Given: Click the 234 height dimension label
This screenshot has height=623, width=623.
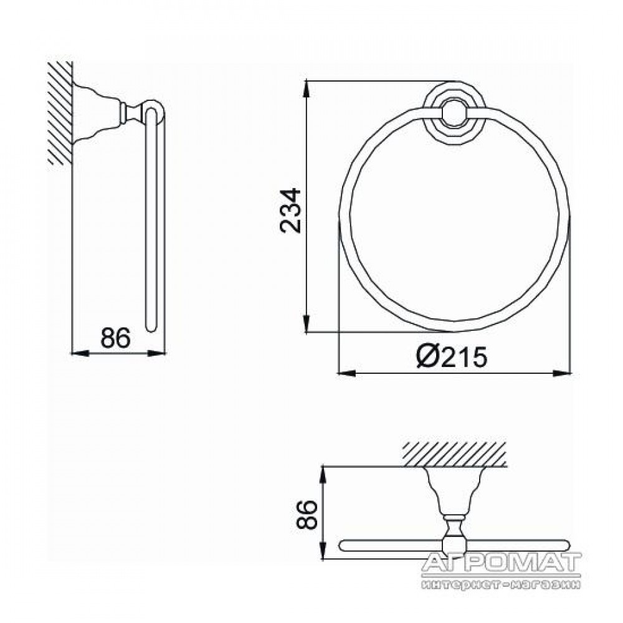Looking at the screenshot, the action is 290,211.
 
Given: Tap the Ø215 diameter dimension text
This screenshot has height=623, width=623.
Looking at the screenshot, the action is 451,356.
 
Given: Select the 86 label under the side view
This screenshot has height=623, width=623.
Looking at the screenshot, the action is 115,338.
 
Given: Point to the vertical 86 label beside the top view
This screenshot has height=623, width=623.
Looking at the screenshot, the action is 307,514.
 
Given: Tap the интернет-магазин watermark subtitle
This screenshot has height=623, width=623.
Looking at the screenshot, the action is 502,584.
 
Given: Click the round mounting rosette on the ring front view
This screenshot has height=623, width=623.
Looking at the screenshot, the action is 454,115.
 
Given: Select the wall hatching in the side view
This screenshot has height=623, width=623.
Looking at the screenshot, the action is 60,113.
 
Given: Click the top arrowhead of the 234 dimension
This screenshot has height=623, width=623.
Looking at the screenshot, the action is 307,89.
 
